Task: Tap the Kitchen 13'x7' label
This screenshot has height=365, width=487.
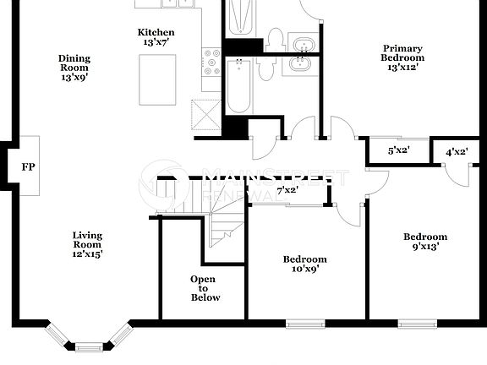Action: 156,37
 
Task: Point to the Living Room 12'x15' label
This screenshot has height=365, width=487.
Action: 87,244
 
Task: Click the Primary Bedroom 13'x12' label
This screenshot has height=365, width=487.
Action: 402,53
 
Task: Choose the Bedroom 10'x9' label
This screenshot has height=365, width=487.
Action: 304,264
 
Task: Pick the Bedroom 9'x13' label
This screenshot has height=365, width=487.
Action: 424,242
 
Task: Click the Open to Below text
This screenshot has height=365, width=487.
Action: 203,288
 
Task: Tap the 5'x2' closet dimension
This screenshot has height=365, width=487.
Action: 397,151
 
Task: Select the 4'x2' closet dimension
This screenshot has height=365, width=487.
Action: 456,152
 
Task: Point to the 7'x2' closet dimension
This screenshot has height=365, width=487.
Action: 287,190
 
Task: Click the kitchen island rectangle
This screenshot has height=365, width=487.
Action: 158,79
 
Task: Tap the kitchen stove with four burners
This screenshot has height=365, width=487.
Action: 211,62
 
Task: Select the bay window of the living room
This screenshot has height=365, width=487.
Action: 88,340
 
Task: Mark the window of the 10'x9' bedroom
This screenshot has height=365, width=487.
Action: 305,323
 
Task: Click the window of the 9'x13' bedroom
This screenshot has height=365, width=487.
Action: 417,323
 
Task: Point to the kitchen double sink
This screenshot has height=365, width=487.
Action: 178,3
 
